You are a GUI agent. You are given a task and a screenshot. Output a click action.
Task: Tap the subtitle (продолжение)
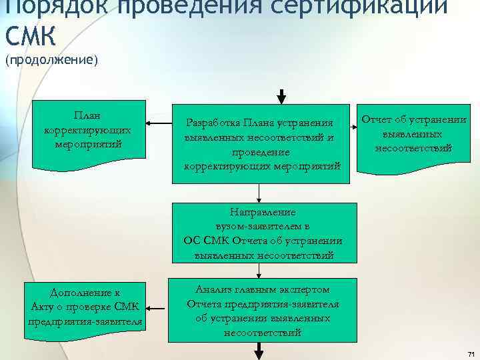point(51,61)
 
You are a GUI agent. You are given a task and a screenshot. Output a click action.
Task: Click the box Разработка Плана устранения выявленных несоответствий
point(261,143)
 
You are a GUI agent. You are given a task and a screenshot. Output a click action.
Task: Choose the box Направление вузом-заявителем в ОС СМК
point(262,233)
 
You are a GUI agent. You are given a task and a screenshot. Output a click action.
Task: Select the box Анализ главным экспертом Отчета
point(262,310)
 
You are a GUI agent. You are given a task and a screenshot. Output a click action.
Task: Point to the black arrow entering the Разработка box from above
point(282,96)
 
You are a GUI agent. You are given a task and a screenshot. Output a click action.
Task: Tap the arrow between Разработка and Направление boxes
point(261,193)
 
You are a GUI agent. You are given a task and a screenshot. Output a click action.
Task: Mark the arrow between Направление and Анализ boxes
point(261,270)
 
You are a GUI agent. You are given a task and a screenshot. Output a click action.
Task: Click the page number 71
point(471,353)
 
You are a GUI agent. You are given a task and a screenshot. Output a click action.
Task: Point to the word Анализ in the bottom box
point(213,289)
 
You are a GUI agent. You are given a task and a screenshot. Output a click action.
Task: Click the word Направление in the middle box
point(262,212)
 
